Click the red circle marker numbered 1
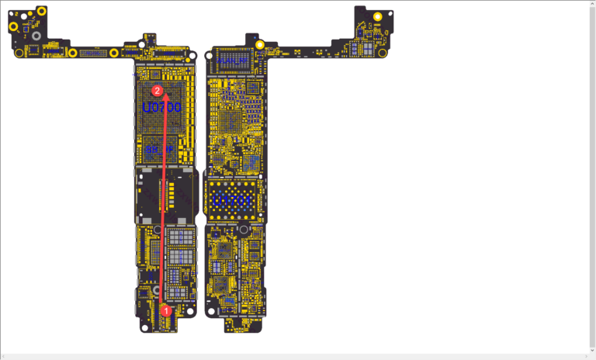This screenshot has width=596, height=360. [165, 311]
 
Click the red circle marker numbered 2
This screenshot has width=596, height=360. [158, 91]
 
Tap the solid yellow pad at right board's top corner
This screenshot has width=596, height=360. [378, 16]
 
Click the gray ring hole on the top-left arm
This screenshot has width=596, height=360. [33, 36]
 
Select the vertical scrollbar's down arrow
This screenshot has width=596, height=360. [592, 350]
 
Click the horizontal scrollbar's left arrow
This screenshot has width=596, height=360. [4, 356]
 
